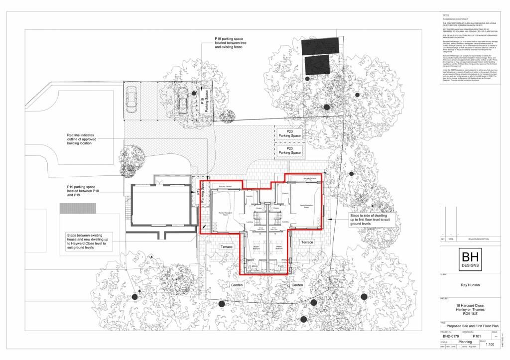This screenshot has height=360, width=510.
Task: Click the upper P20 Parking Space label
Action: (289, 133)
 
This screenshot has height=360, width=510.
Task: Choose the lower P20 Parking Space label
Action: (289, 150)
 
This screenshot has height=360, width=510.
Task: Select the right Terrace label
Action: (307, 241)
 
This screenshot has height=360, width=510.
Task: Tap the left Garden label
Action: (236, 285)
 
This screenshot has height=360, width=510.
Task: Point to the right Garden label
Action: (297, 285)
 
